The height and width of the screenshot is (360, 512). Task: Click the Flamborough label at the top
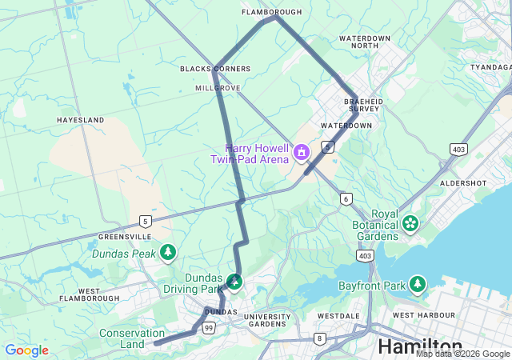(x=272, y=12)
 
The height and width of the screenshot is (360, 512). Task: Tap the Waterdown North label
(x=369, y=42)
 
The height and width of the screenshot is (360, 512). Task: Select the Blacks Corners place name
(x=215, y=69)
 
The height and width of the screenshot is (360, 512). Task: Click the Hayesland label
(x=80, y=119)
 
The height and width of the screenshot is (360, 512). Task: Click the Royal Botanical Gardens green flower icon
(x=411, y=223)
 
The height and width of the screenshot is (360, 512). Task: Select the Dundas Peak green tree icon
(x=168, y=254)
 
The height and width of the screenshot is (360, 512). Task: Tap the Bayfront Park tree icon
(x=418, y=284)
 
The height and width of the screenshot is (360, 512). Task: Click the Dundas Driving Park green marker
(x=234, y=282)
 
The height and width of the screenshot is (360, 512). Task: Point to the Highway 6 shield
(x=346, y=198)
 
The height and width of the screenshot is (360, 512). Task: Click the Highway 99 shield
(x=209, y=328)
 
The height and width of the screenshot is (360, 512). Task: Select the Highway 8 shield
(x=321, y=338)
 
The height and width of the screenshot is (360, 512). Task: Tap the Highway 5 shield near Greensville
(x=145, y=221)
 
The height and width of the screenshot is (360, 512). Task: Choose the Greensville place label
(x=124, y=237)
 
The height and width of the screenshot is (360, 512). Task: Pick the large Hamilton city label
(x=418, y=347)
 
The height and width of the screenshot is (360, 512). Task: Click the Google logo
(x=26, y=350)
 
